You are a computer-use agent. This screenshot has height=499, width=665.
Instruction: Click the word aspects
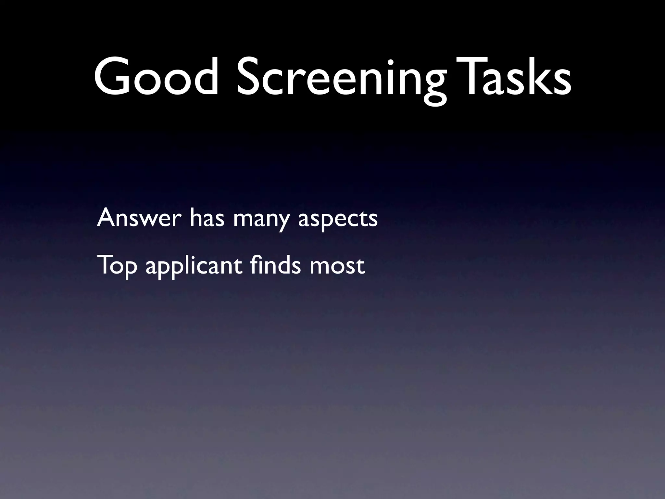(x=338, y=220)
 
